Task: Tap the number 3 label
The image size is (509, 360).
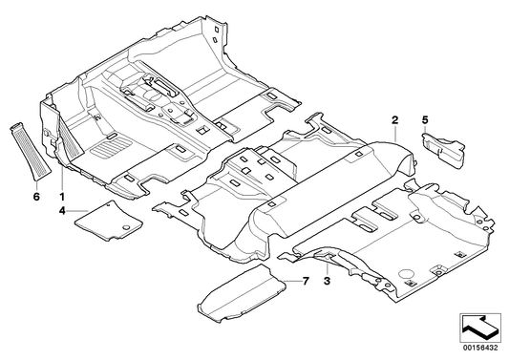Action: click(x=326, y=281)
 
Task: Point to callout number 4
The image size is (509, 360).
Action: click(x=63, y=208)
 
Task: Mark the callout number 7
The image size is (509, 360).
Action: click(x=307, y=281)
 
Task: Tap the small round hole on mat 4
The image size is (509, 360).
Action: click(x=124, y=225)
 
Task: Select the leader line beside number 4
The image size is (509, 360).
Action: click(x=78, y=209)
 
